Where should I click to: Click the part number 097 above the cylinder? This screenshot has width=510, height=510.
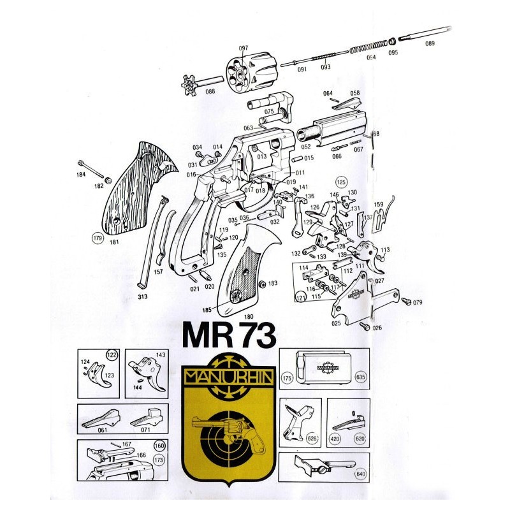(243, 48)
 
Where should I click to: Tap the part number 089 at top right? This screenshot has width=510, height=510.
(429, 43)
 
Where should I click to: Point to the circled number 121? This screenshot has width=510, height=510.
(301, 298)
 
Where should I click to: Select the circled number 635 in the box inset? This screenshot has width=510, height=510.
(361, 377)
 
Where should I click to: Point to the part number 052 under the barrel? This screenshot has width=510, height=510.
(306, 147)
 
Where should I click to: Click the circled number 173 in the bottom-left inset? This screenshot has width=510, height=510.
(160, 458)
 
